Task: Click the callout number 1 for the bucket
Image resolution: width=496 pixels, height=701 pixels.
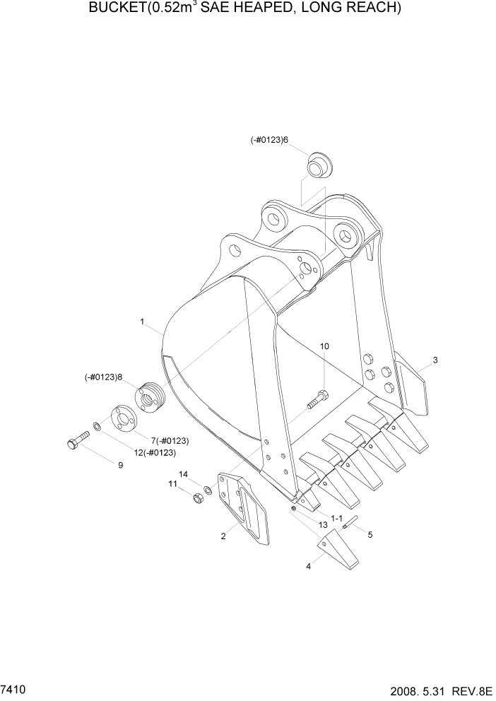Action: click(142, 322)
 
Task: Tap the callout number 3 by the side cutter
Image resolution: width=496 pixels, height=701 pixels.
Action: click(435, 360)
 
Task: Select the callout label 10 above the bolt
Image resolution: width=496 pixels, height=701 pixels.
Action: click(324, 346)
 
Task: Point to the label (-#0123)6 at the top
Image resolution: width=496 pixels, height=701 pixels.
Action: click(270, 141)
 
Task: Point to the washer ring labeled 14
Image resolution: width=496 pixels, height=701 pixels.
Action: click(208, 490)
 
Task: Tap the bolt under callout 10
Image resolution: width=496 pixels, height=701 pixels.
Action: click(316, 400)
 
